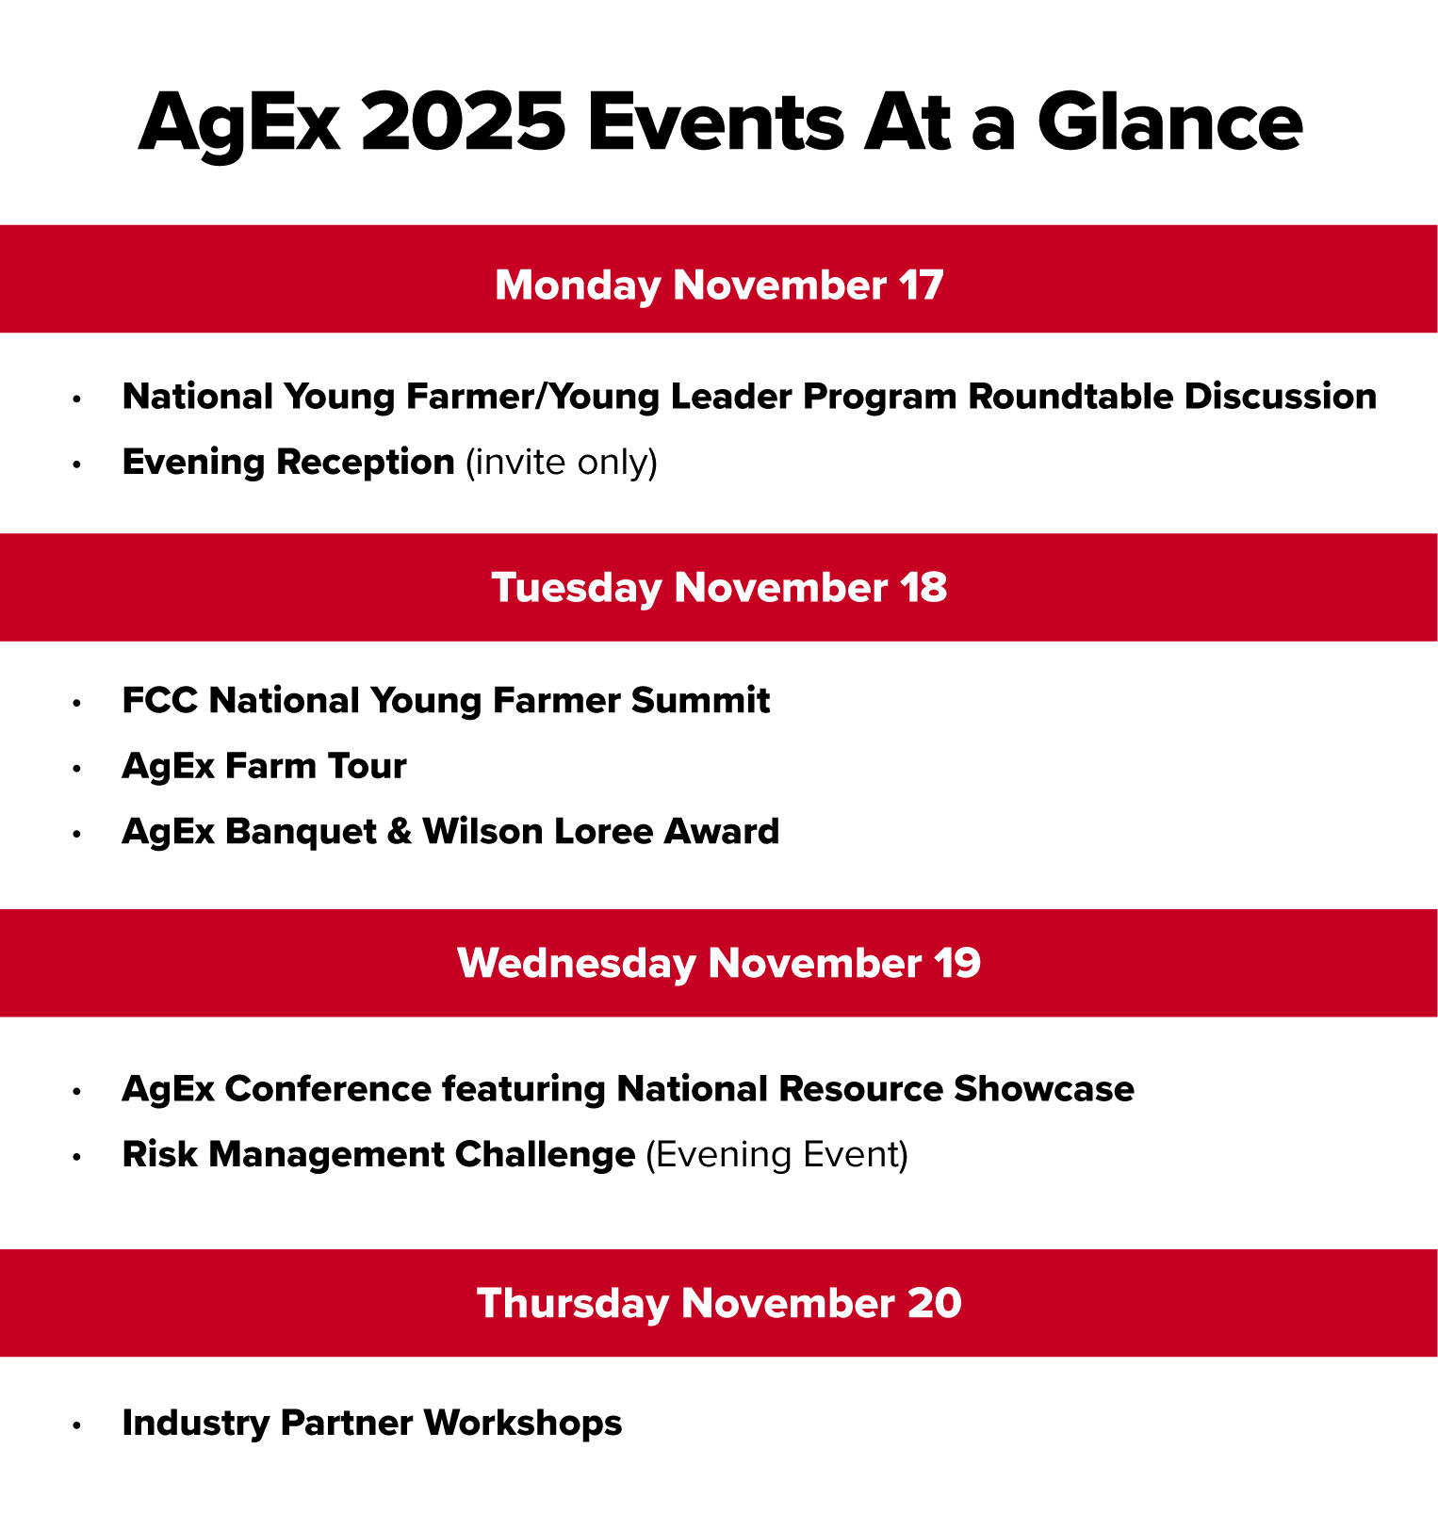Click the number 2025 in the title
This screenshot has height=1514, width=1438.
point(463,122)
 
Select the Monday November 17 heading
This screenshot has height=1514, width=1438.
point(719,285)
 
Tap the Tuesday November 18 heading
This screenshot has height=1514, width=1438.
point(719,588)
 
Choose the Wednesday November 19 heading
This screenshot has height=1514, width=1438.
point(719,963)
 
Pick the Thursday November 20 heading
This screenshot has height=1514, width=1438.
point(719,1303)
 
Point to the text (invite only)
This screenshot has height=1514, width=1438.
point(562,463)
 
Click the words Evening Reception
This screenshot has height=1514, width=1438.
point(288,463)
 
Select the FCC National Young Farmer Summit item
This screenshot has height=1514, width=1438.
point(446,701)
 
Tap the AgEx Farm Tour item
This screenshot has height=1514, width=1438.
point(264,766)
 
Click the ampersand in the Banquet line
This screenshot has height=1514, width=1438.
point(400,832)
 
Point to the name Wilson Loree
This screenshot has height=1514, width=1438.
point(538,832)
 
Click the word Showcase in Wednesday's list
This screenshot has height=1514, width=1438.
point(1044,1089)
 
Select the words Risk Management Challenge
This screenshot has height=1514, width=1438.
point(379,1155)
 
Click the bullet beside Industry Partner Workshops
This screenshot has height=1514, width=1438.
point(77,1424)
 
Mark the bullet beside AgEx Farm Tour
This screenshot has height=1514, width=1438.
point(77,768)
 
